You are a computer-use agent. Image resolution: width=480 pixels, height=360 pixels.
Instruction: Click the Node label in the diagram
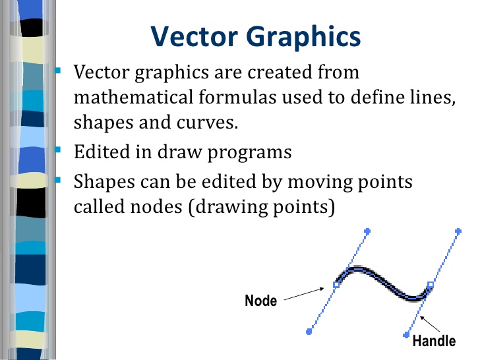[x=260, y=301]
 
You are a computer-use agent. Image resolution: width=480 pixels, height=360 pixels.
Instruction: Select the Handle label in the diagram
[x=433, y=341]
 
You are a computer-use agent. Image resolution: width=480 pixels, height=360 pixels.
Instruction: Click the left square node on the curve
[x=336, y=285]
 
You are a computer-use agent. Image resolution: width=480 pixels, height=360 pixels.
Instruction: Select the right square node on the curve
[x=431, y=285]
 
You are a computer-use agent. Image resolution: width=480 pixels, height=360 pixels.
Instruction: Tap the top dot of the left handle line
[x=367, y=231]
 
